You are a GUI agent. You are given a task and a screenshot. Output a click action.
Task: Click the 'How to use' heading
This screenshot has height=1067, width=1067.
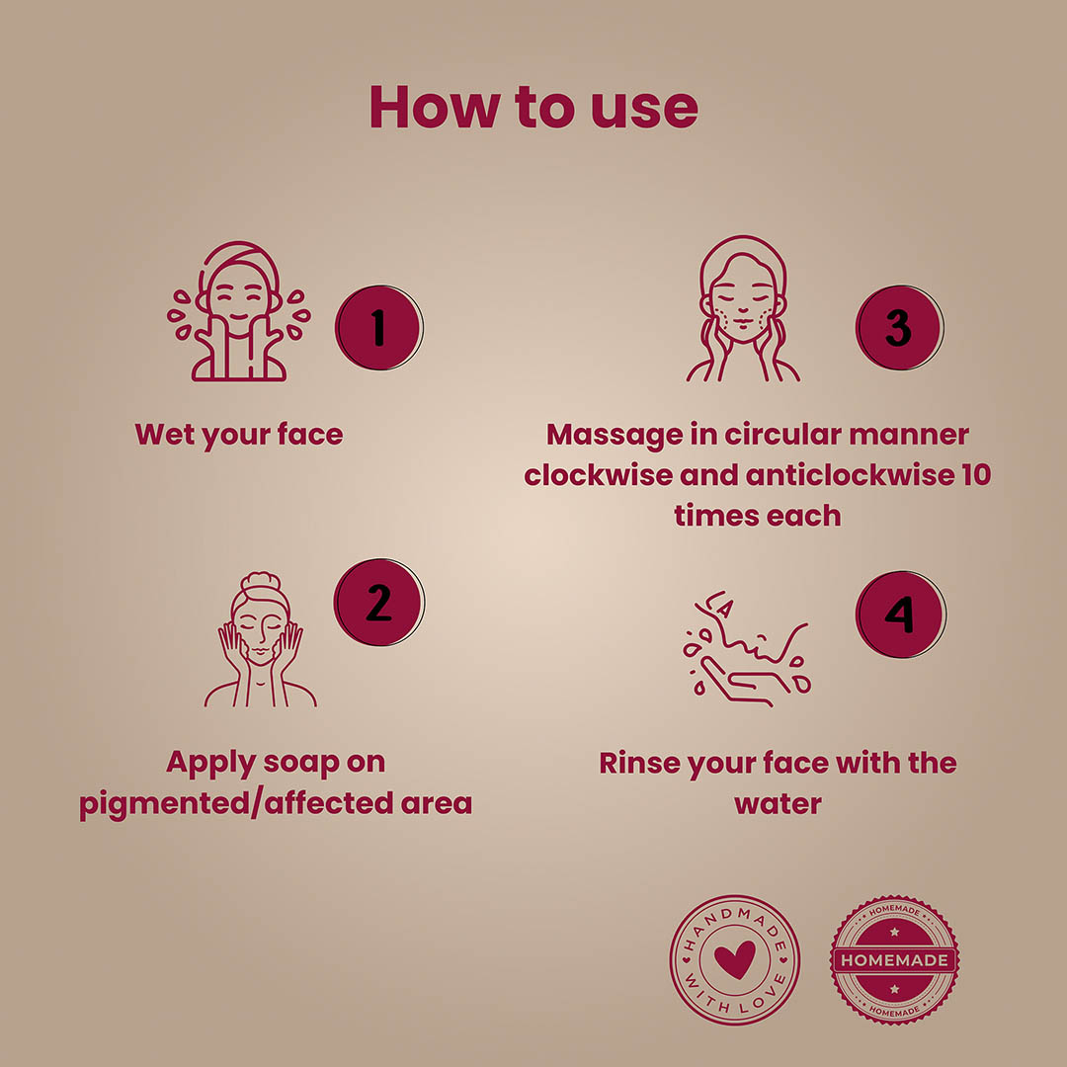pyautogui.click(x=533, y=107)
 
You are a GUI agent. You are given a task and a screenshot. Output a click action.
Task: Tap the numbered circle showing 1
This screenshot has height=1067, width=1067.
pyautogui.click(x=379, y=327)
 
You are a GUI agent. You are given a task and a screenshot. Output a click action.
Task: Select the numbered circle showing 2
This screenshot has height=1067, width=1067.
pyautogui.click(x=379, y=603)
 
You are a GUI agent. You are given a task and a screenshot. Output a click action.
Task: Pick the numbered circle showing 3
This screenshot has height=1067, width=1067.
pyautogui.click(x=899, y=327)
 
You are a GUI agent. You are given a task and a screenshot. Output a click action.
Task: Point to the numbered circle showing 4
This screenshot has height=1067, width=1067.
pyautogui.click(x=900, y=615)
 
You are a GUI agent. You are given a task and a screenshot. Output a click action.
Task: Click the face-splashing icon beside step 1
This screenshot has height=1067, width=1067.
pyautogui.click(x=239, y=311)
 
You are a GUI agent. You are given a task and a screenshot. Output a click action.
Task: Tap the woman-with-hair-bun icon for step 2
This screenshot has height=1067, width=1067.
pyautogui.click(x=261, y=639)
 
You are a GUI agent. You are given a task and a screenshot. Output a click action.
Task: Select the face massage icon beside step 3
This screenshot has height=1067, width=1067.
pyautogui.click(x=743, y=308)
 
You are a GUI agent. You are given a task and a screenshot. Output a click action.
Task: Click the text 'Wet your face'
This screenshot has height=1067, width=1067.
pyautogui.click(x=239, y=435)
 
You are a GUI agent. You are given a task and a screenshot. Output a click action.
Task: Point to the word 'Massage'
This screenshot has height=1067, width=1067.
pyautogui.click(x=615, y=436)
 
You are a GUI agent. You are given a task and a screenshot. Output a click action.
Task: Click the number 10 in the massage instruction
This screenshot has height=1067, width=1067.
pyautogui.click(x=976, y=475)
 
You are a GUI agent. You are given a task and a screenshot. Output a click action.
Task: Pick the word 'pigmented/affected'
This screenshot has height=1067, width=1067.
pyautogui.click(x=236, y=803)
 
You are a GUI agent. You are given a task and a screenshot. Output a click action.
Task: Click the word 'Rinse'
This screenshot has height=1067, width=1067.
pyautogui.click(x=639, y=763)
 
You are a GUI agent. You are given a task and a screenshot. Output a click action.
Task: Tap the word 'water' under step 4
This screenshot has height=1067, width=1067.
pyautogui.click(x=778, y=804)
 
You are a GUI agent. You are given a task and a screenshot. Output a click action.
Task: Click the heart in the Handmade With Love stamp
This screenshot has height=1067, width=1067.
pyautogui.click(x=735, y=959)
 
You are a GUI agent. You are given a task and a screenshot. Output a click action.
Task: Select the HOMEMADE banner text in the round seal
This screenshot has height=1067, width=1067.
pyautogui.click(x=894, y=960)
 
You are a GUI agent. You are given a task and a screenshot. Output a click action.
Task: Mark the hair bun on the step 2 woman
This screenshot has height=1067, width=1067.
pyautogui.click(x=261, y=582)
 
